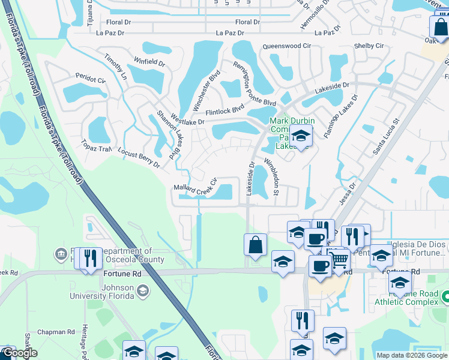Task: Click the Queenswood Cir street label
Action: (286, 46)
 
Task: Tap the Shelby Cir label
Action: (369, 46)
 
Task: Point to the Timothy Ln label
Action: (116, 67)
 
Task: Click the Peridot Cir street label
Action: (90, 78)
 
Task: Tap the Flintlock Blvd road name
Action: (225, 110)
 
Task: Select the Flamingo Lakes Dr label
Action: (341, 116)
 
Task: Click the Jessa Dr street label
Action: (348, 194)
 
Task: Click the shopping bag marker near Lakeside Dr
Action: (255, 245)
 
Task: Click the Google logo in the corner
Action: (19, 353)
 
